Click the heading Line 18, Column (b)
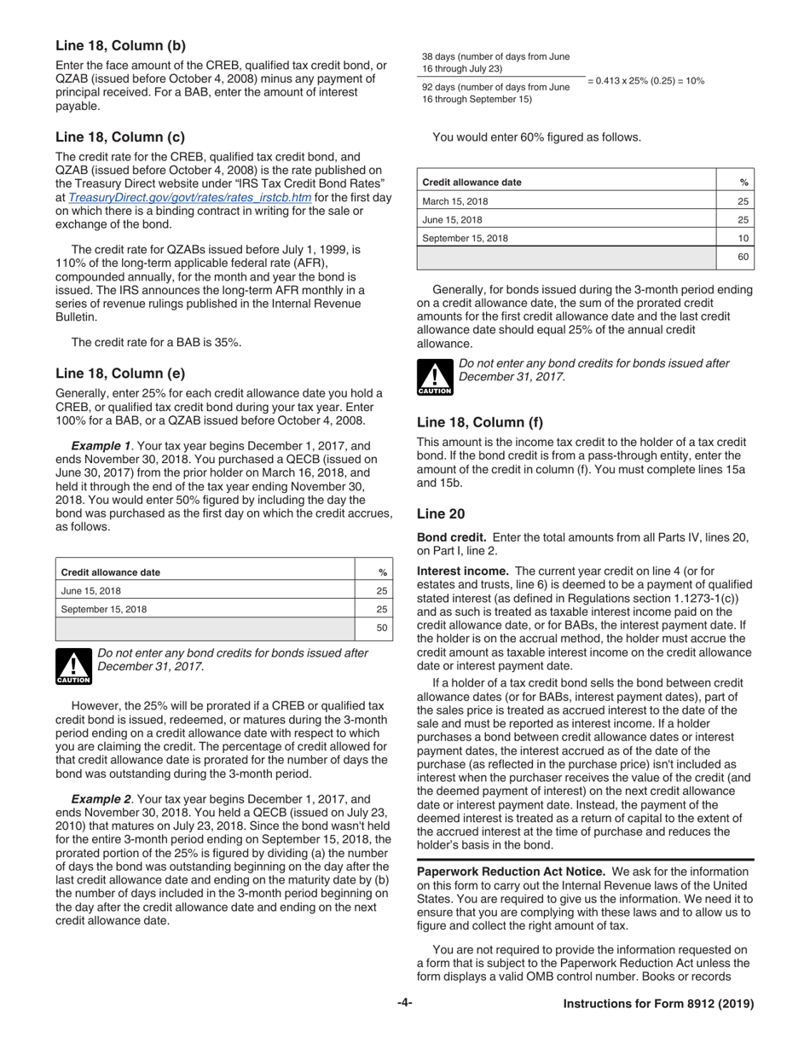[120, 45]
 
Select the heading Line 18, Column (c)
[120, 136]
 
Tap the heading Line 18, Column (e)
[120, 373]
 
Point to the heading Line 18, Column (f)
[479, 421]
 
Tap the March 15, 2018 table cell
[456, 201]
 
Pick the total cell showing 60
[742, 257]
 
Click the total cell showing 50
[382, 629]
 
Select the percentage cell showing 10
[743, 238]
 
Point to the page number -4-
[404, 1004]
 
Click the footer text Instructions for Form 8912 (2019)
[659, 1005]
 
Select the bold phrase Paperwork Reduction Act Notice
[512, 872]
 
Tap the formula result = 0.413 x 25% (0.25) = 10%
[645, 80]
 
